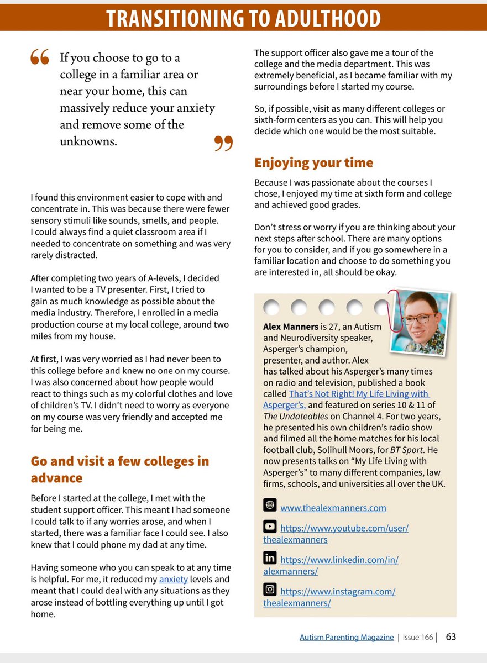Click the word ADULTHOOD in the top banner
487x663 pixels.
(x=321, y=19)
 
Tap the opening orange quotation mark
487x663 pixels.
(x=40, y=57)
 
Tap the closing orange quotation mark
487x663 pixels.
(x=223, y=143)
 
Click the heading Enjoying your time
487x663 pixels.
(x=313, y=163)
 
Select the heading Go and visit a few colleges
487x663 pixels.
(x=119, y=462)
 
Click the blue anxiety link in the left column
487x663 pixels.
(x=173, y=580)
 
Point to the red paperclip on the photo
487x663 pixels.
(x=394, y=310)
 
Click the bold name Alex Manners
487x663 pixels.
(x=290, y=327)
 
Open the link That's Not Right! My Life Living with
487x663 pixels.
(x=358, y=394)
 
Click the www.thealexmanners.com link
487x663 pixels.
(x=333, y=508)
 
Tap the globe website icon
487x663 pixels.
(x=270, y=504)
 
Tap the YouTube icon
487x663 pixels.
(x=270, y=527)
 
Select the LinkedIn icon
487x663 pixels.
(x=270, y=557)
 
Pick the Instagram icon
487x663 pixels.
(x=270, y=590)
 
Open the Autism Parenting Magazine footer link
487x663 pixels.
(x=347, y=638)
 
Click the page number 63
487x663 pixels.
(x=451, y=637)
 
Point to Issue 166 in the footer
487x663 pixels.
(x=418, y=638)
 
